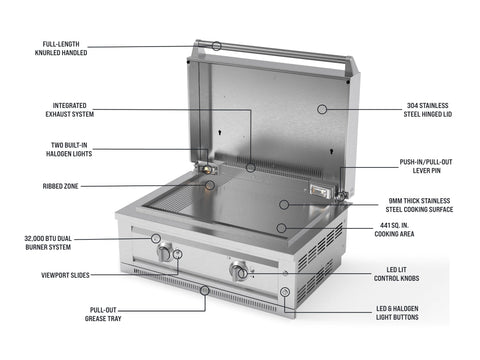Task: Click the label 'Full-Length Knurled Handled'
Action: (61, 48)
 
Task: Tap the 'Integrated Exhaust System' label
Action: (70, 110)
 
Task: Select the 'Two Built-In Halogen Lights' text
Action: (69, 149)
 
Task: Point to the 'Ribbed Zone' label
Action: (61, 186)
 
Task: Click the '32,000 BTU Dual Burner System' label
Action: (48, 243)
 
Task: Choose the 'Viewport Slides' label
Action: (65, 275)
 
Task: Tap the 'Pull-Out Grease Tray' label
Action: (103, 314)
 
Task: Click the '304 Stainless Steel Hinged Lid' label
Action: (428, 110)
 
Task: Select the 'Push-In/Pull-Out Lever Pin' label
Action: (426, 166)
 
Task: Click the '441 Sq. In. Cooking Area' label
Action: (394, 230)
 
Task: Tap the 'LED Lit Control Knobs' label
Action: (396, 274)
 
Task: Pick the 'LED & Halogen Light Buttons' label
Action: (397, 313)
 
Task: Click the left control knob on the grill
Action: (164, 253)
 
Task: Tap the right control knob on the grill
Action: (238, 271)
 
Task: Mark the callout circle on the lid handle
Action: (217, 46)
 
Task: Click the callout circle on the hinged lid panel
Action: (322, 109)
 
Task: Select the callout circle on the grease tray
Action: (205, 290)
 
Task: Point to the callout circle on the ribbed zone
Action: (210, 185)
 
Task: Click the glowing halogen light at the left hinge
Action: (208, 169)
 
